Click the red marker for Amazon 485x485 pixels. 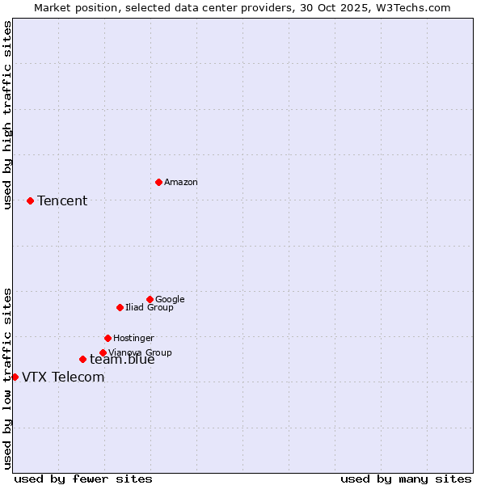tap(158, 182)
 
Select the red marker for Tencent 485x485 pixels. tap(30, 200)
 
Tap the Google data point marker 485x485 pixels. tap(150, 299)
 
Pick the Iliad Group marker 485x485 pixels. tap(120, 307)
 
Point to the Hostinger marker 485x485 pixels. tap(108, 338)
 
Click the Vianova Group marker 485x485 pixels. tap(103, 352)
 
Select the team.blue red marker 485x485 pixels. tap(82, 359)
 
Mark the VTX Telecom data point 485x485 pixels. tap(15, 377)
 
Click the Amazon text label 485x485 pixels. tap(181, 183)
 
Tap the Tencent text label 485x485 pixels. tap(62, 201)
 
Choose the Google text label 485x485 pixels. tap(170, 300)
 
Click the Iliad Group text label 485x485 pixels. tap(150, 308)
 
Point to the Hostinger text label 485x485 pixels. tap(133, 339)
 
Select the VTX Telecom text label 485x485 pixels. tap(63, 377)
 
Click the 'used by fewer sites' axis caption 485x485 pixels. tap(83, 479)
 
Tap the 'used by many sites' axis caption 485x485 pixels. tap(406, 479)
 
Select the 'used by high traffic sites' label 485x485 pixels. tap(8, 115)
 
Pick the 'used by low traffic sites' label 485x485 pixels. tap(8, 377)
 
